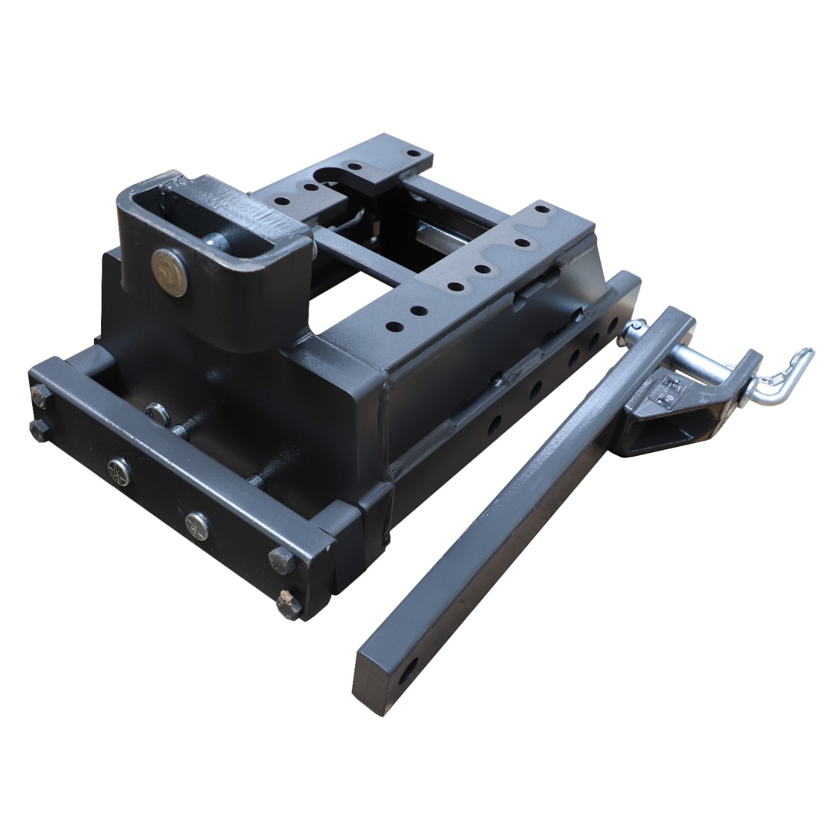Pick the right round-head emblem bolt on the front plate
tap(196, 522)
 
